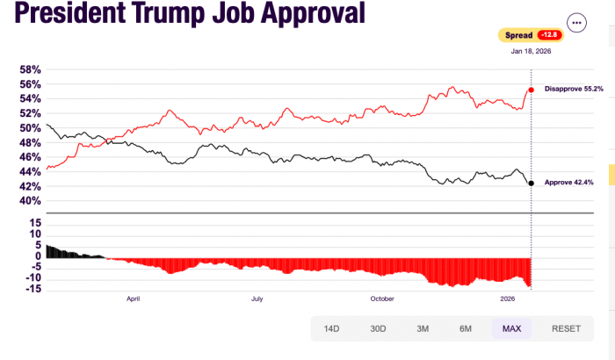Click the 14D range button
point(331,328)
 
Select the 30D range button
point(378,328)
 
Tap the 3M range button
point(423,328)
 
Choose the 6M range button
point(466,328)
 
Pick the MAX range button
point(511,328)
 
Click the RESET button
point(566,328)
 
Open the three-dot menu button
point(576,23)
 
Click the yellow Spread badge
point(530,35)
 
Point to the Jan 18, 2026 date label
point(531,51)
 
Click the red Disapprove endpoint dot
point(531,90)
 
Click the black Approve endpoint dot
point(531,183)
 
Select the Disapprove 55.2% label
point(574,90)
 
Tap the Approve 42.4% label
point(570,183)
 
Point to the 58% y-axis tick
point(30,69)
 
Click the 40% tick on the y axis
point(30,200)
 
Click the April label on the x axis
point(134,299)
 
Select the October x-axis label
point(382,299)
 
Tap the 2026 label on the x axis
point(507,299)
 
